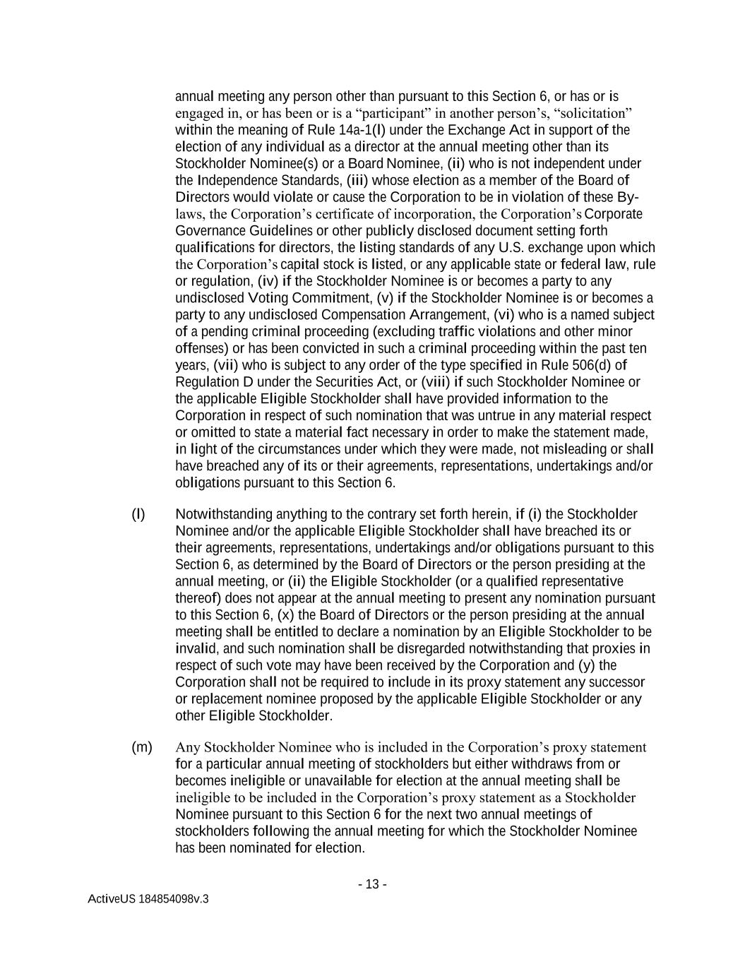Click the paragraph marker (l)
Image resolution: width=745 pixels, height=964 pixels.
138,514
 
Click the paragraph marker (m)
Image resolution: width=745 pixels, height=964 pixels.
141,747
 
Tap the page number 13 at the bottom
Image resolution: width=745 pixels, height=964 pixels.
372,884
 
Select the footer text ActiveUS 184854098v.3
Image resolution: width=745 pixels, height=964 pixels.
148,899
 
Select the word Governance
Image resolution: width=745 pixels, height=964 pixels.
209,231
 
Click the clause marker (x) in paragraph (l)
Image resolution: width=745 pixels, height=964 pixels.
282,615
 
